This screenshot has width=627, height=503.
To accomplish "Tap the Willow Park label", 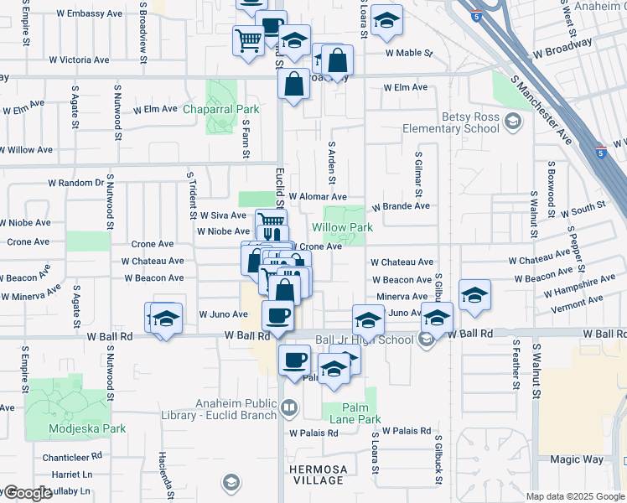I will pos(342,227).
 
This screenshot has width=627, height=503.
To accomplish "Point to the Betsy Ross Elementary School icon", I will pos(510,123).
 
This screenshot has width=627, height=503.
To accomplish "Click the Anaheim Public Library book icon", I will pos(289,408).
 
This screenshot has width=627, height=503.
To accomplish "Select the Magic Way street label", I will pos(576,459).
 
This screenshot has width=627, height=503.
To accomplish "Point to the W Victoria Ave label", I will pos(79,60).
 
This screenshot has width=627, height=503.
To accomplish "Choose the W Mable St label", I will pos(409,53).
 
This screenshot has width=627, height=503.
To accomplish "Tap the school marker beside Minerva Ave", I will pos(474,295).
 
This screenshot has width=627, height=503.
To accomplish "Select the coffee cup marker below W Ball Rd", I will pos(293,360).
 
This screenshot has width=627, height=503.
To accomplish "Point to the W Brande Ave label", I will pos(401,205).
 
